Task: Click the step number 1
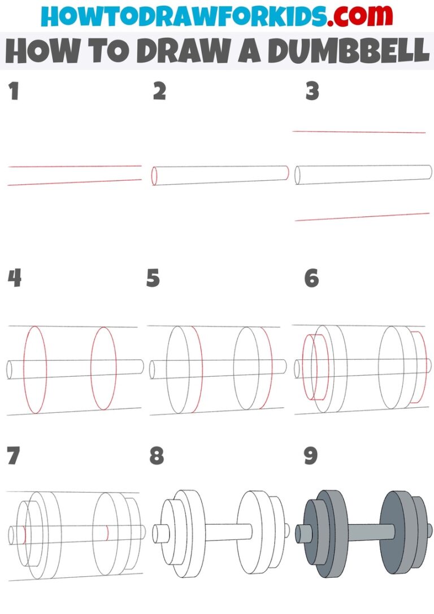tap(14, 92)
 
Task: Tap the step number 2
tap(159, 92)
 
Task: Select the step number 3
tap(312, 92)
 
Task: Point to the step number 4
tap(14, 278)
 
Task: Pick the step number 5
tap(153, 278)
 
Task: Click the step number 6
tap(311, 278)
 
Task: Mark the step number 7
tap(14, 456)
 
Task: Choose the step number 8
tap(157, 456)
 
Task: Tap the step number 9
tap(311, 456)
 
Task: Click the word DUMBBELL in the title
tap(349, 51)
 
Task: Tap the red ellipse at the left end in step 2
tap(154, 176)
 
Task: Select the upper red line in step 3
tap(359, 132)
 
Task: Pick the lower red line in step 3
tap(362, 217)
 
